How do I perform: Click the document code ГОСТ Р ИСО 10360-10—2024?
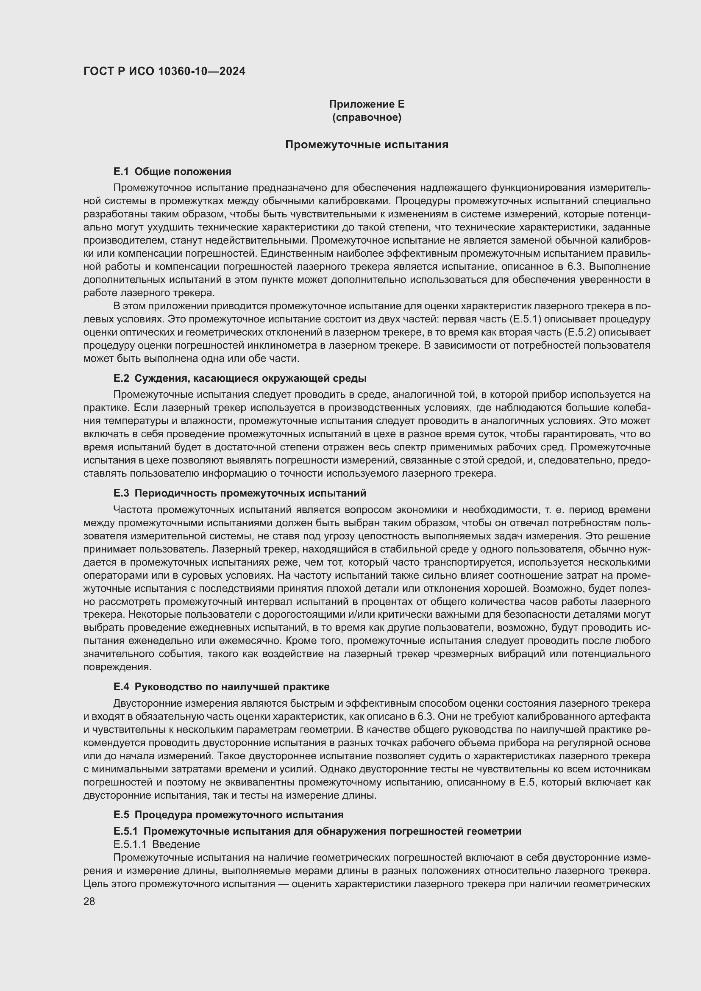tap(164, 72)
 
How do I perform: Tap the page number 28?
tap(89, 901)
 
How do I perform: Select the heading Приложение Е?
tap(367, 104)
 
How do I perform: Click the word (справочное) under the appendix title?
tap(367, 117)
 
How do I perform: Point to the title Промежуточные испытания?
tap(367, 144)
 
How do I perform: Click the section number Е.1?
tap(121, 172)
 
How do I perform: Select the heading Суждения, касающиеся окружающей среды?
tap(250, 378)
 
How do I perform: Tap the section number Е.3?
tap(121, 493)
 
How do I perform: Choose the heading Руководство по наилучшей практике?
tap(232, 687)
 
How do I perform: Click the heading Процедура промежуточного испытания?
tap(239, 815)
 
